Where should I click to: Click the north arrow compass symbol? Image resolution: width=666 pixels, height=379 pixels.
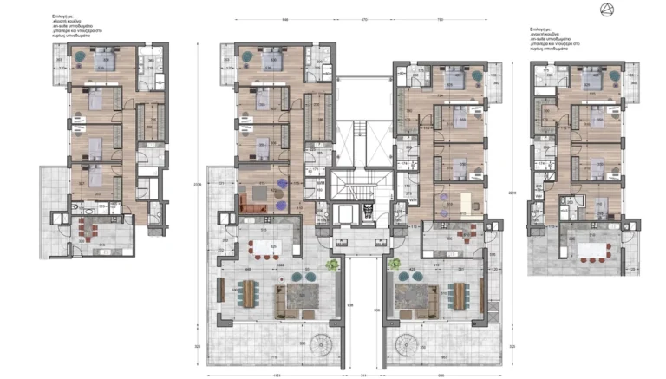[605, 10]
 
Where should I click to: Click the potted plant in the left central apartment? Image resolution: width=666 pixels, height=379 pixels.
[330, 265]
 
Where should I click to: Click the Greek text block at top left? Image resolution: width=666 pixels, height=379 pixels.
[73, 27]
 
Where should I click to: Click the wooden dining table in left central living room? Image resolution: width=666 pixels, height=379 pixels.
[248, 293]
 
